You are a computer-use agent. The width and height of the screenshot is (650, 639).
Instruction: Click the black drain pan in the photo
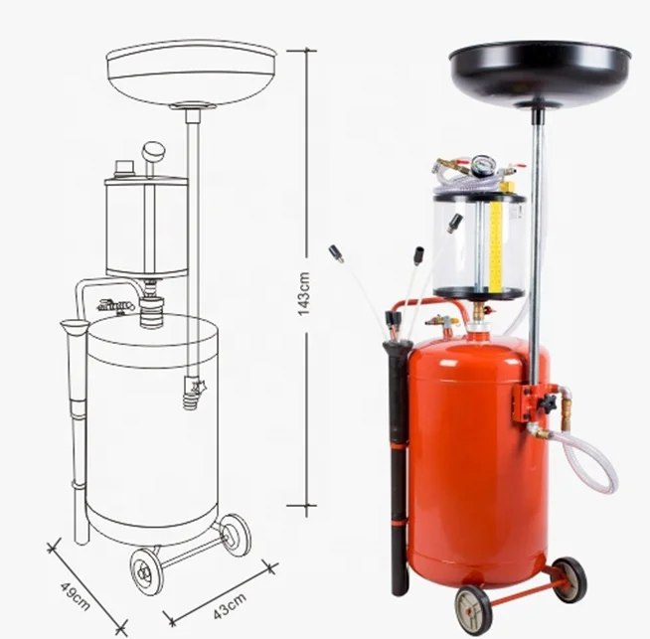(539, 71)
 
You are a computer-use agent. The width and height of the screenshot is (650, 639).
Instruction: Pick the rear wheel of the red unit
(569, 578)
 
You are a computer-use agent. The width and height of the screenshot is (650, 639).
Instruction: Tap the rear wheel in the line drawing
(236, 534)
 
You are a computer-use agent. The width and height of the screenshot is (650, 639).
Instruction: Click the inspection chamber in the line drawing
(146, 227)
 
